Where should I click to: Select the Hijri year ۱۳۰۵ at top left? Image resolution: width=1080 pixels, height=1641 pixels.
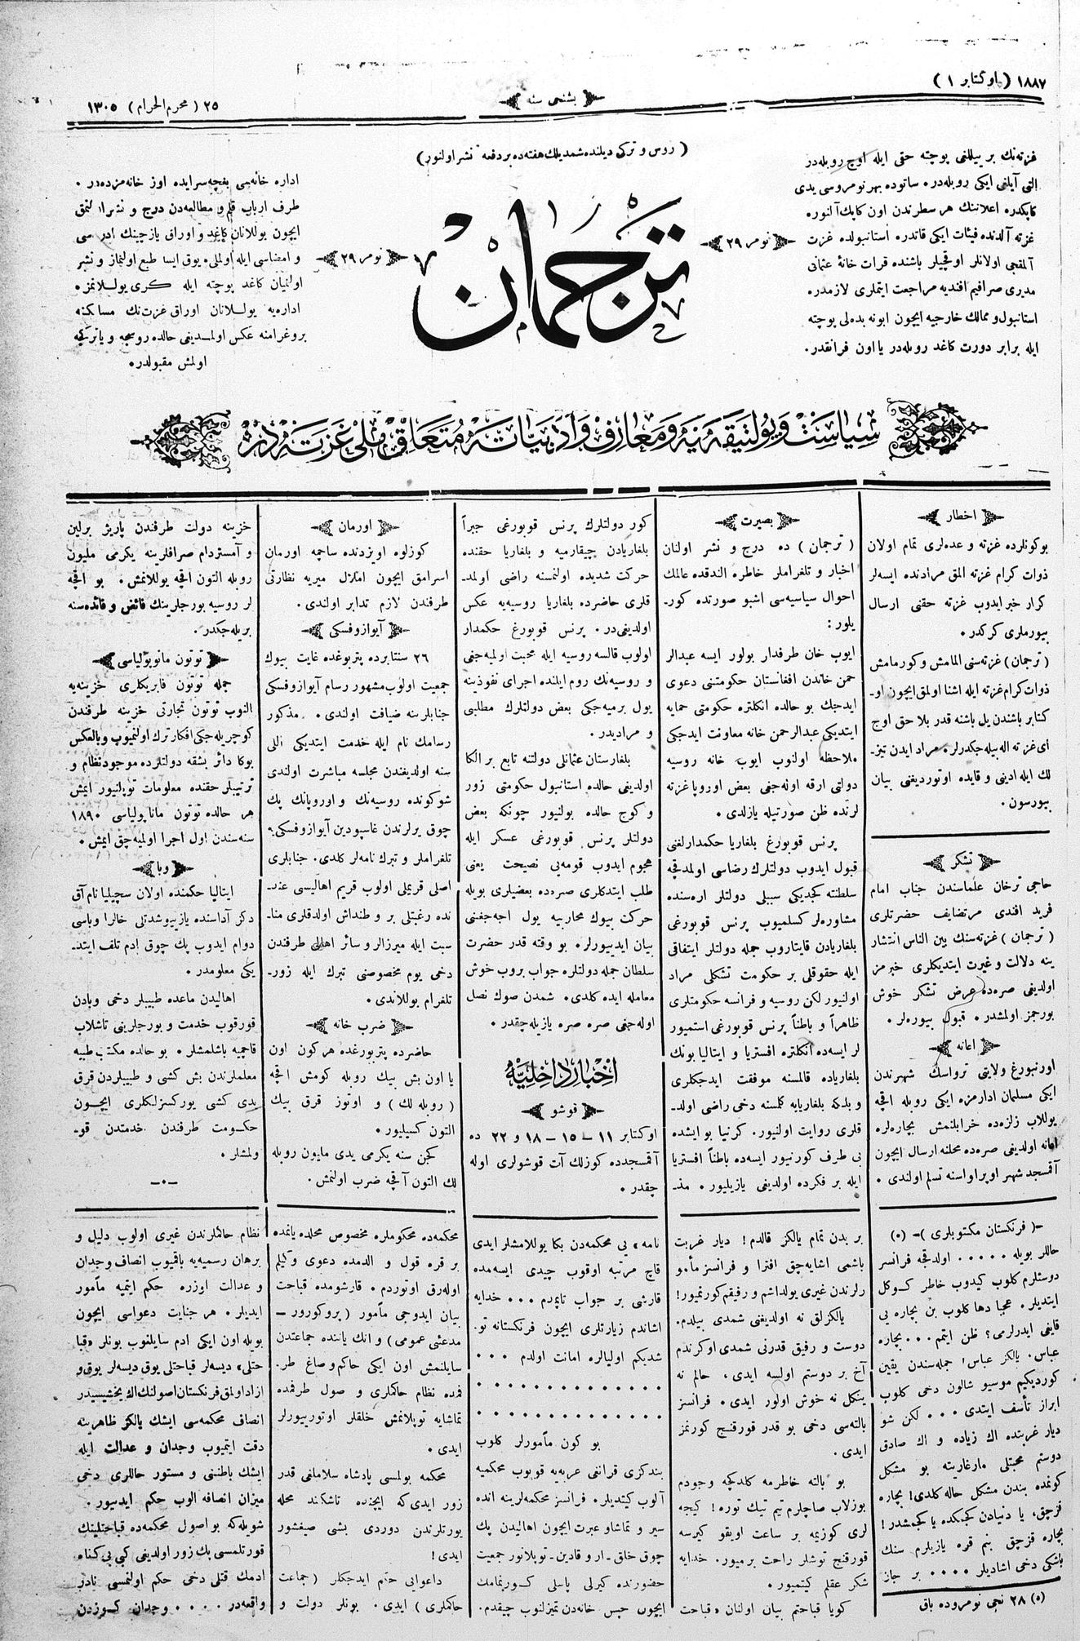pos(101,107)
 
